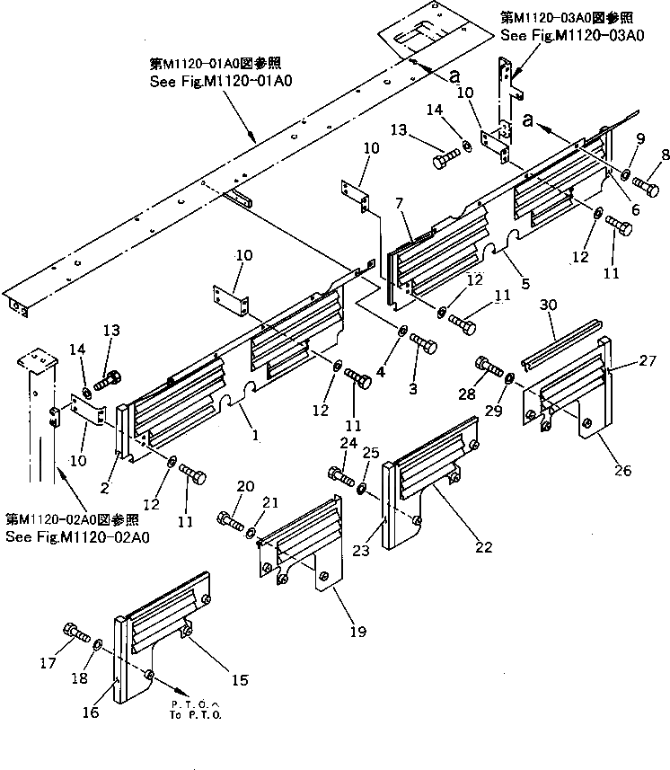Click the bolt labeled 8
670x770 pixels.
[x=644, y=186]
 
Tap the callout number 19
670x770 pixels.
[x=357, y=633]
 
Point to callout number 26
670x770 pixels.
[x=599, y=471]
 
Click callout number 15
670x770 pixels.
[x=239, y=681]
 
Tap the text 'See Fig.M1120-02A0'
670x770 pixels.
[x=77, y=537]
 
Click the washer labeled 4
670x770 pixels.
[x=401, y=332]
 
